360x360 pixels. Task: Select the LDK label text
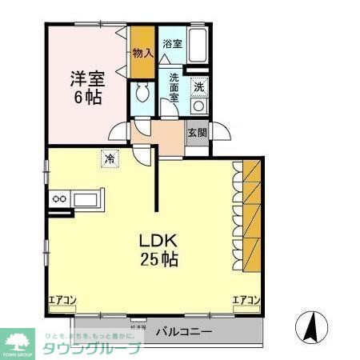click(x=158, y=241)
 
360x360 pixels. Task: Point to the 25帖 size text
click(x=158, y=260)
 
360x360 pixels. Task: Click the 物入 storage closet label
click(x=142, y=53)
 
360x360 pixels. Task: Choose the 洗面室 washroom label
click(x=174, y=86)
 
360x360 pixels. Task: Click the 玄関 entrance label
click(x=197, y=133)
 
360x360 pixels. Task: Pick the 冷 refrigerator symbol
click(x=109, y=158)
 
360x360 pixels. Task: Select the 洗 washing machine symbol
click(x=199, y=86)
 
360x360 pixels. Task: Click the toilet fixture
click(x=142, y=93)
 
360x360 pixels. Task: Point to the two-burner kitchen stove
click(x=60, y=198)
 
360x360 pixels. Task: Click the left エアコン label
click(x=62, y=301)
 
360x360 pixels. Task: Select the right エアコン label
click(x=246, y=301)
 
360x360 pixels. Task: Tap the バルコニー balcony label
click(x=183, y=330)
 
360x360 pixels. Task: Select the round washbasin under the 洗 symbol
click(x=199, y=106)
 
